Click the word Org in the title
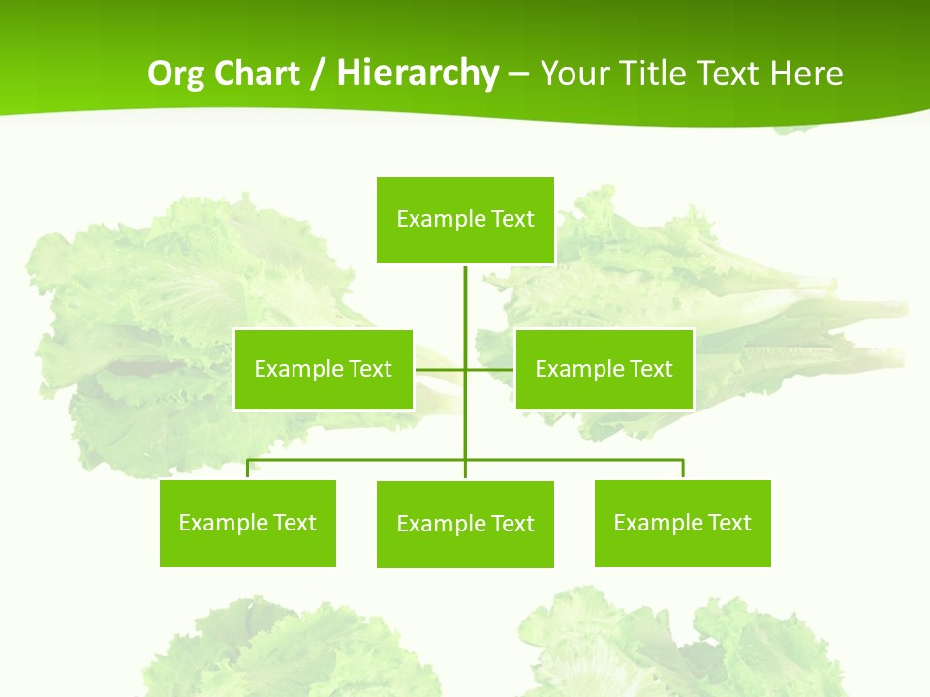175,74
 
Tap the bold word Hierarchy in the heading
417,74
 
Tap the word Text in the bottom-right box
729,523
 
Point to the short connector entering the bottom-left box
247,470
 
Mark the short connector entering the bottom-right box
683,470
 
